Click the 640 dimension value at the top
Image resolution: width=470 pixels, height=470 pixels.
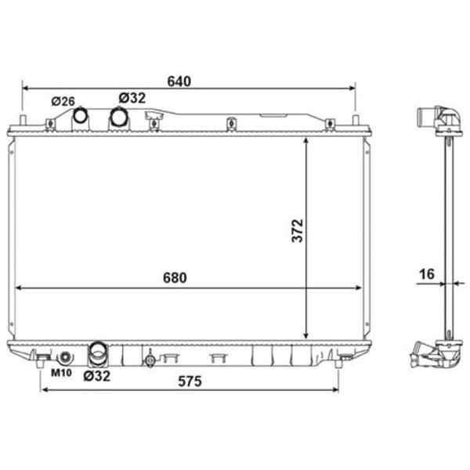pos(179,81)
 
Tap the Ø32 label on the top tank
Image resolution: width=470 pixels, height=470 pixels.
pos(132,98)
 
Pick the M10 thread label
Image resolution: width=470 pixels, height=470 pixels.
pos(61,374)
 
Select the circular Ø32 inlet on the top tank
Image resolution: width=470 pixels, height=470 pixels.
pos(119,117)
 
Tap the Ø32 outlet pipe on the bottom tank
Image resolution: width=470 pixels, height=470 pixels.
pos(99,354)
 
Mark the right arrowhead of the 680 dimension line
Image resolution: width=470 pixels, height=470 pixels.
pos(360,288)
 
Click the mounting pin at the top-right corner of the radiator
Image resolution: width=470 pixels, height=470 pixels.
pos(356,122)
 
